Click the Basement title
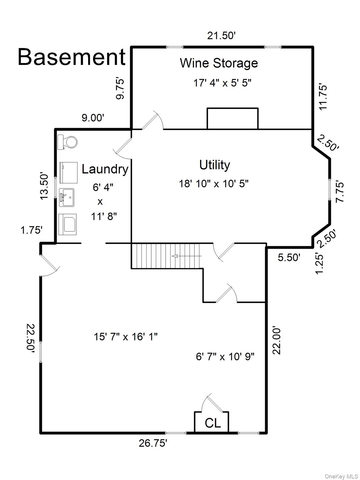[72, 57]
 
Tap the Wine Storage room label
[219, 63]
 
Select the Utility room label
[215, 165]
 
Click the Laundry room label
[105, 169]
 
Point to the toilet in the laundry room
[67, 142]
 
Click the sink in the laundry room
[67, 197]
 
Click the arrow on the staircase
[187, 256]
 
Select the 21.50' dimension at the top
[221, 35]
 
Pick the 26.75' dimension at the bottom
[153, 443]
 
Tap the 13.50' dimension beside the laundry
[44, 186]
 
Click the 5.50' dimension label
[289, 257]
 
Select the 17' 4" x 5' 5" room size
[222, 83]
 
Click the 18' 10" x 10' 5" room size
[214, 183]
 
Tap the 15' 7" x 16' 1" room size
[126, 337]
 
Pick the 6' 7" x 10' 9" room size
[225, 357]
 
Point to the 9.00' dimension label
[93, 118]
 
